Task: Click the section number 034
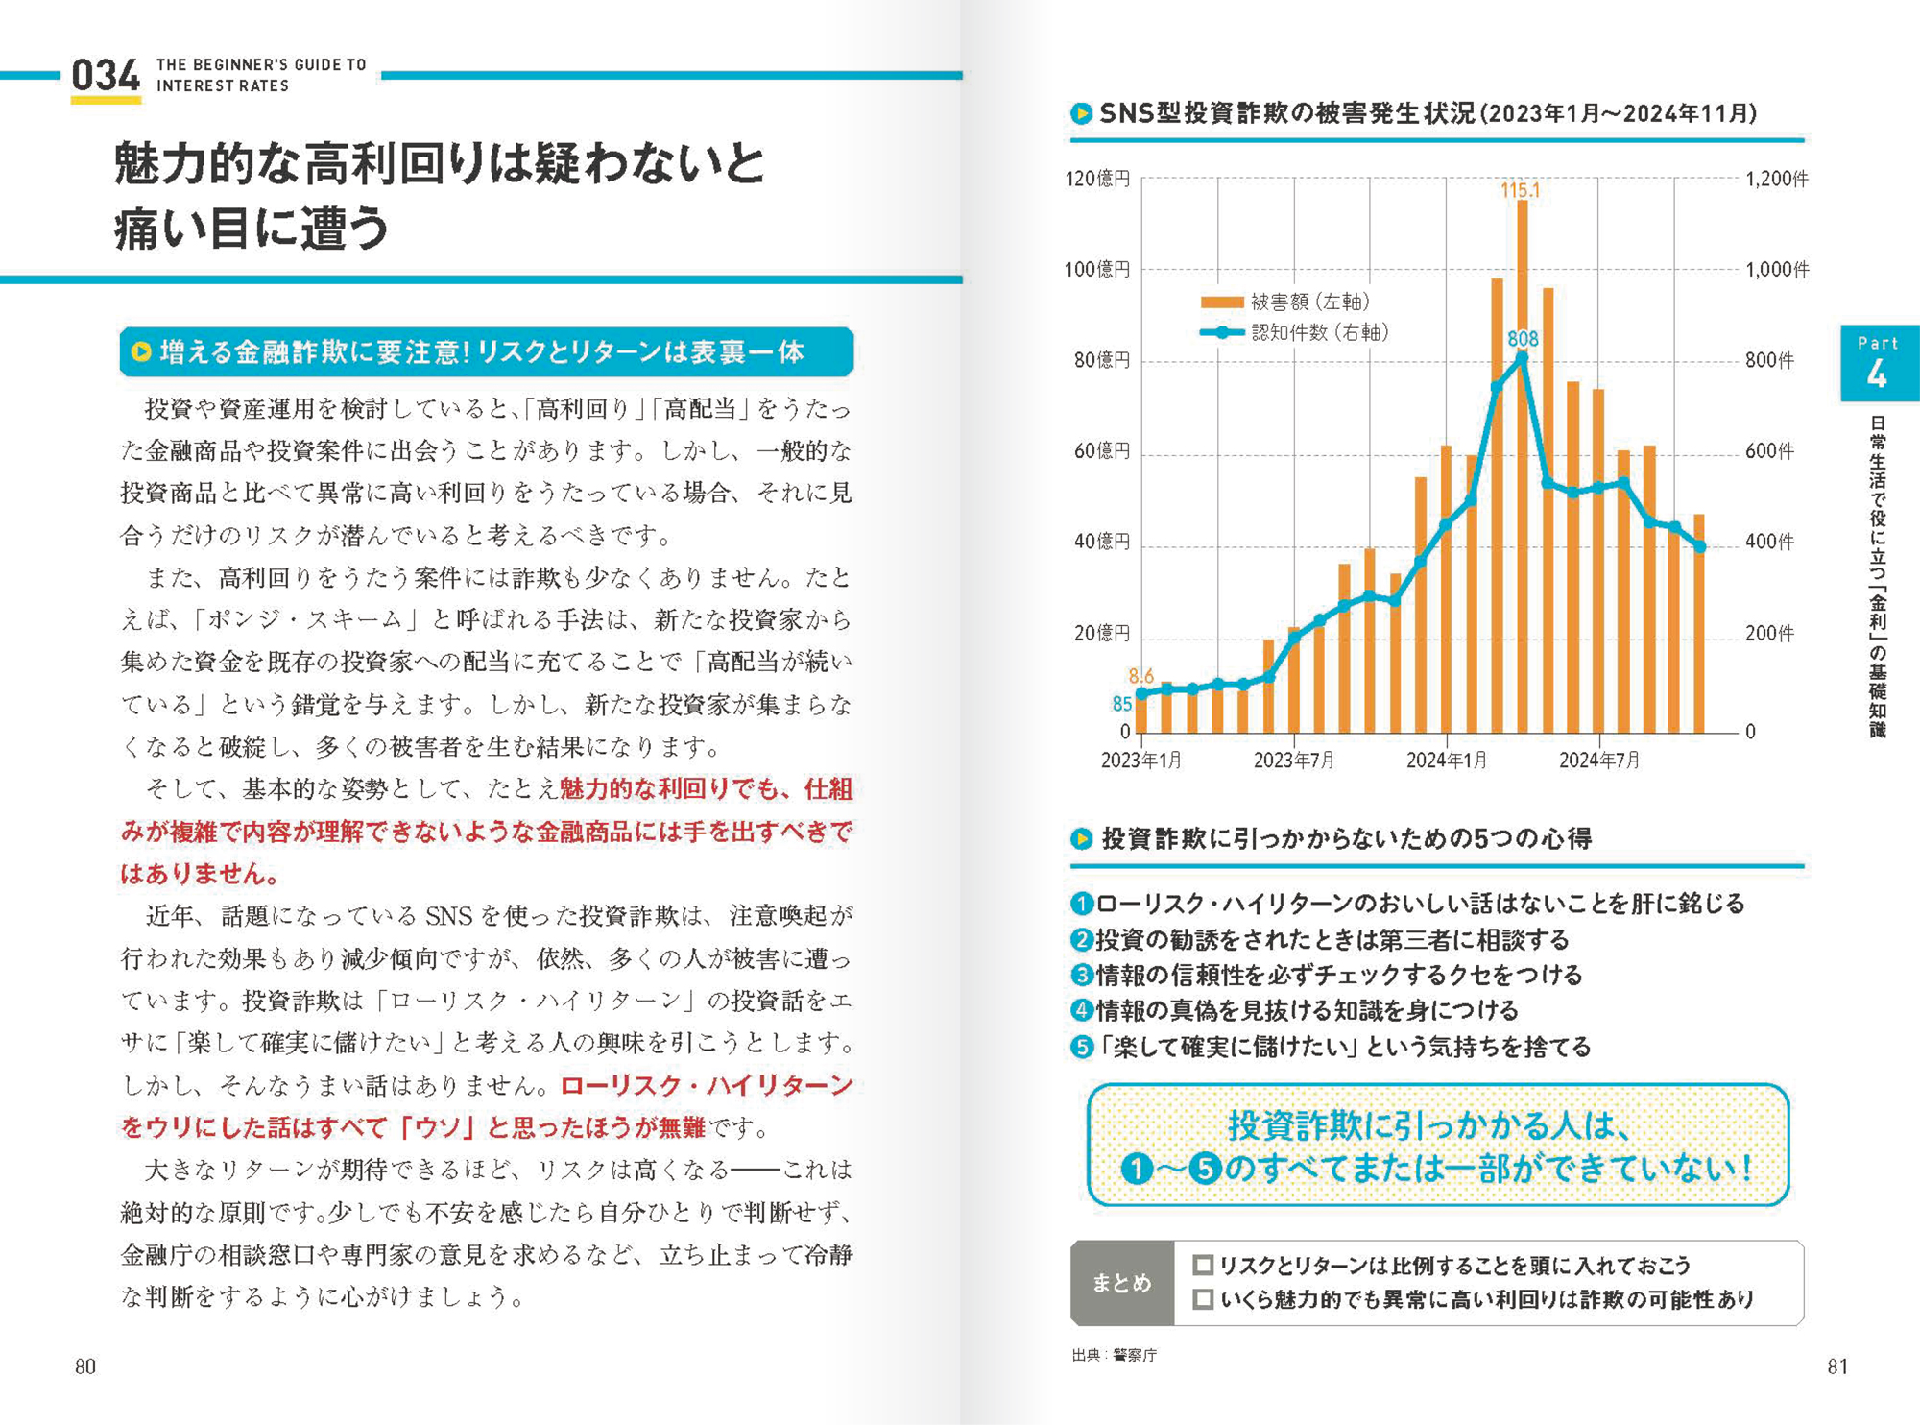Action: click(x=106, y=75)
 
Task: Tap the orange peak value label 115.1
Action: click(x=1520, y=190)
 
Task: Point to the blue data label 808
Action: click(x=1523, y=339)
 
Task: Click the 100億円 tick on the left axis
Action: click(x=1096, y=270)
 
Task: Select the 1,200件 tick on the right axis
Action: click(x=1776, y=180)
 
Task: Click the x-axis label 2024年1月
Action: click(x=1447, y=761)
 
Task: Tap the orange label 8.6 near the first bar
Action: click(x=1140, y=676)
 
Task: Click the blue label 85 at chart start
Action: click(x=1122, y=704)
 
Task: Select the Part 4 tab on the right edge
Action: click(x=1879, y=363)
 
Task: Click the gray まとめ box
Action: click(x=1122, y=1283)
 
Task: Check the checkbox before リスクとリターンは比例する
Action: click(x=1202, y=1265)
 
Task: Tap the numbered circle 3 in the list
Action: click(x=1082, y=975)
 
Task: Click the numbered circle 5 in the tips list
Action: click(x=1082, y=1047)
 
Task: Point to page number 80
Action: click(x=85, y=1366)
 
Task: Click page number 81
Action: click(x=1837, y=1366)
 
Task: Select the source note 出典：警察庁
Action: click(x=1115, y=1355)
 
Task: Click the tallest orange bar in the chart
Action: click(x=1523, y=467)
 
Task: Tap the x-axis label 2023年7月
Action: click(x=1294, y=761)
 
